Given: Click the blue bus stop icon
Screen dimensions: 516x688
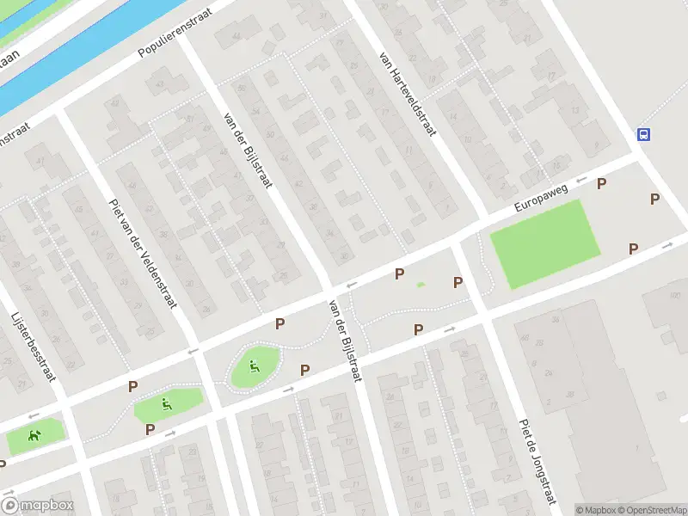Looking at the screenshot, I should [642, 134].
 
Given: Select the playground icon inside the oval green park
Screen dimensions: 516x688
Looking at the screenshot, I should [254, 367].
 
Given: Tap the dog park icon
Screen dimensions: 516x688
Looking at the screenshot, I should [34, 436].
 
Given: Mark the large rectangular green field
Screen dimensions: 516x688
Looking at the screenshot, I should [544, 244].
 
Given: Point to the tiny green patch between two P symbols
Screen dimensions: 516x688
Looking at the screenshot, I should [421, 285].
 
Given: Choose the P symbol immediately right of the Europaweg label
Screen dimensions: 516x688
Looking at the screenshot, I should [601, 183].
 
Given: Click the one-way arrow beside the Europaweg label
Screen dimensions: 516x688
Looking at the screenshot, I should [580, 181].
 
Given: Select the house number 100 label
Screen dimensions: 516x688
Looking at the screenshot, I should [675, 296].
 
